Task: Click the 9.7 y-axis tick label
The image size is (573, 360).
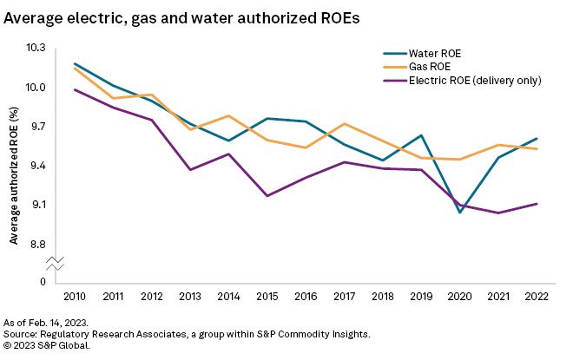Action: tap(38, 127)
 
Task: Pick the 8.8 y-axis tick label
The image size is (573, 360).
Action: tap(38, 244)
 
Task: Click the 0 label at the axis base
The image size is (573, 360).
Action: tap(43, 282)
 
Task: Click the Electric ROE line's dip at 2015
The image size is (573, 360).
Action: tap(267, 196)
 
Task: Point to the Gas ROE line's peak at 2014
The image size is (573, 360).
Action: tap(228, 115)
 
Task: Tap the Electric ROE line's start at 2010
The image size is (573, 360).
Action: tap(75, 89)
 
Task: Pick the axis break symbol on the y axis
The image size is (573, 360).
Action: tap(55, 262)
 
